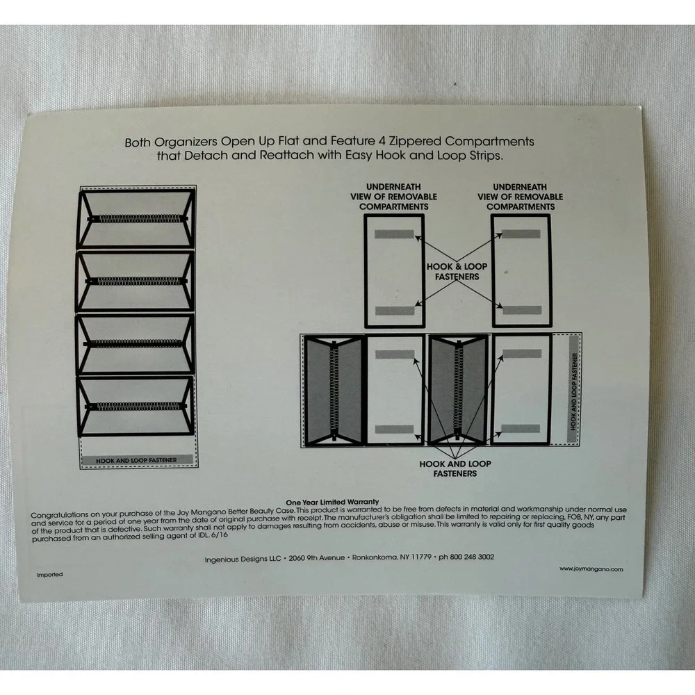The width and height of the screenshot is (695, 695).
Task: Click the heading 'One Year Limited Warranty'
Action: (332, 502)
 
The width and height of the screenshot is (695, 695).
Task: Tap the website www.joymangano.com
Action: (591, 569)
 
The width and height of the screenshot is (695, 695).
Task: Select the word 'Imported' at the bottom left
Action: (49, 575)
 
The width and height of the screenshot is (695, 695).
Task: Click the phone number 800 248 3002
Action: (472, 557)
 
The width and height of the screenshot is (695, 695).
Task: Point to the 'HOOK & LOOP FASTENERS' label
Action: (457, 271)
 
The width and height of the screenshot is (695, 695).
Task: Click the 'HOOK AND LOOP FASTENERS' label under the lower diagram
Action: (455, 468)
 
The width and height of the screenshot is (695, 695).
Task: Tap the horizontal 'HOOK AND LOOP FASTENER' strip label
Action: (136, 461)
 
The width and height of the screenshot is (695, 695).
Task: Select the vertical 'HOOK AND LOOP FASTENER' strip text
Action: (574, 391)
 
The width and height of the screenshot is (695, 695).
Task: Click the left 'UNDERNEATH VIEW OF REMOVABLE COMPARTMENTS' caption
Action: (393, 197)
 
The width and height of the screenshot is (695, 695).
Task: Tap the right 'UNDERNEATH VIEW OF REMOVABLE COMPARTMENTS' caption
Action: (521, 197)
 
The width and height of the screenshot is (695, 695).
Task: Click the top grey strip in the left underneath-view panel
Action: (394, 234)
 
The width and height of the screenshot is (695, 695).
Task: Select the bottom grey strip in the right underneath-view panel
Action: (522, 310)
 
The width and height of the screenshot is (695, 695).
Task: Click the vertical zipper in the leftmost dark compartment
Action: (334, 390)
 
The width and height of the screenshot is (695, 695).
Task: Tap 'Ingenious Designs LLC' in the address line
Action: (243, 559)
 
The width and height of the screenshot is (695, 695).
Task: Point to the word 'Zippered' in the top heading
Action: (416, 141)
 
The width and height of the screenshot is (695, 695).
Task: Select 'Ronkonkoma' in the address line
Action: (375, 557)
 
